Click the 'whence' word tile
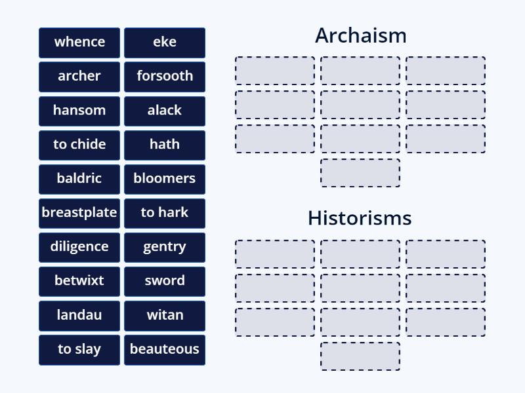click(79, 42)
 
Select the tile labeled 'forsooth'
click(165, 76)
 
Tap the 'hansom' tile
click(79, 110)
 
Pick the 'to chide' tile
click(79, 144)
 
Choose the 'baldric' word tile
click(79, 178)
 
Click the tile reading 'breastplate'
click(79, 212)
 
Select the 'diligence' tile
click(79, 246)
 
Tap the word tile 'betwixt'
click(79, 280)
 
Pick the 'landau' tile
click(79, 314)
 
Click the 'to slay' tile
click(79, 348)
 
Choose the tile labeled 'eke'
click(165, 42)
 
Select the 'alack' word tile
click(165, 110)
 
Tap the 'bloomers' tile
click(165, 178)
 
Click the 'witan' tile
click(165, 314)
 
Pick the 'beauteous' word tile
click(165, 348)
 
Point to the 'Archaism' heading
click(360, 35)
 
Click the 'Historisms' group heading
click(360, 218)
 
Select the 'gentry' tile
click(165, 246)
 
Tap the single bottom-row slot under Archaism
click(360, 173)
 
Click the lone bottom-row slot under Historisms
click(360, 356)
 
